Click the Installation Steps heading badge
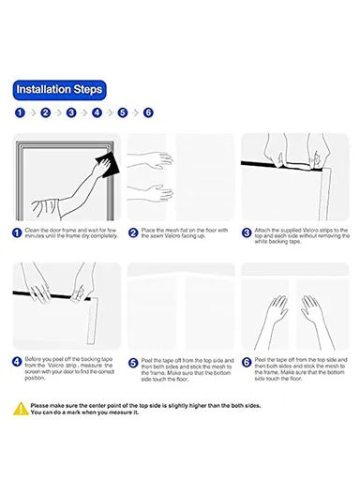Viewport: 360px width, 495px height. click(60, 90)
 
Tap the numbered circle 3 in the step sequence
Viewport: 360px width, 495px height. click(71, 112)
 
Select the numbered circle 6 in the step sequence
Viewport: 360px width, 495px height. click(148, 112)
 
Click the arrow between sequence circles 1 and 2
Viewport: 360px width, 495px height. click(33, 112)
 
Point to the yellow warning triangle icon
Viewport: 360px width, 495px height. click(21, 409)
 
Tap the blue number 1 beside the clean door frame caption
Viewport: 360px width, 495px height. click(17, 233)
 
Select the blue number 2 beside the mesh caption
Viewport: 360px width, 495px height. click(133, 233)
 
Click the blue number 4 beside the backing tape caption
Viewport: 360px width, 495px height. click(17, 362)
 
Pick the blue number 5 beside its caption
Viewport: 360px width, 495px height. click(133, 363)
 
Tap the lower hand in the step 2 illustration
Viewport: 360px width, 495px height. click(159, 192)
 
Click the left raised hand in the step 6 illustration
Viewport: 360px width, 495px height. click(277, 310)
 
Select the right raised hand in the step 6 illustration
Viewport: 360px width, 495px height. click(312, 310)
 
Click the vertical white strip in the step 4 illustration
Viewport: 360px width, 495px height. click(93, 321)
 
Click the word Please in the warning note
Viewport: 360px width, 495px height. click(39, 406)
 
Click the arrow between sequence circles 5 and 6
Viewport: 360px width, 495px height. click(136, 112)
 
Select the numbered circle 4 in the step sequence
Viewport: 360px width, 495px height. click(97, 112)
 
